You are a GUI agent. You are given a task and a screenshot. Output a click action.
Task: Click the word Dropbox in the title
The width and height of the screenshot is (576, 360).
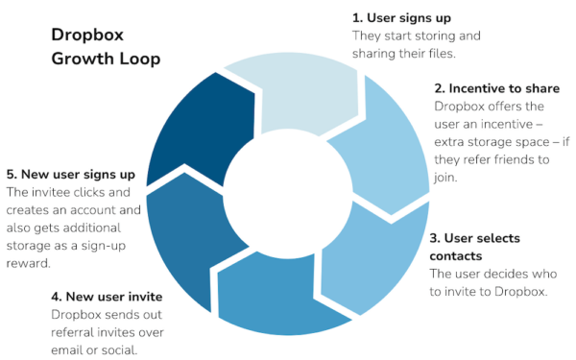click(x=84, y=36)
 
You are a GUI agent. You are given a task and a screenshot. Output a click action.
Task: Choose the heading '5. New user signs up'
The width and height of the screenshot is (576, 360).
click(x=70, y=175)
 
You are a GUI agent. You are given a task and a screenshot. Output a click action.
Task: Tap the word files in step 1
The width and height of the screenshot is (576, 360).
click(x=464, y=54)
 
